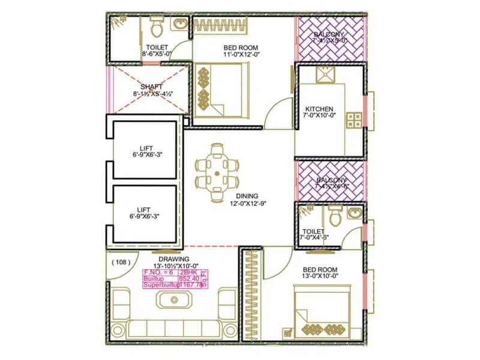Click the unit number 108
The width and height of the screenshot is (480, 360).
click(121, 262)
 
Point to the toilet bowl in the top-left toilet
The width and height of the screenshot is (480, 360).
click(157, 26)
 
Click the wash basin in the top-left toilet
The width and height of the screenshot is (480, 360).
click(179, 24)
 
